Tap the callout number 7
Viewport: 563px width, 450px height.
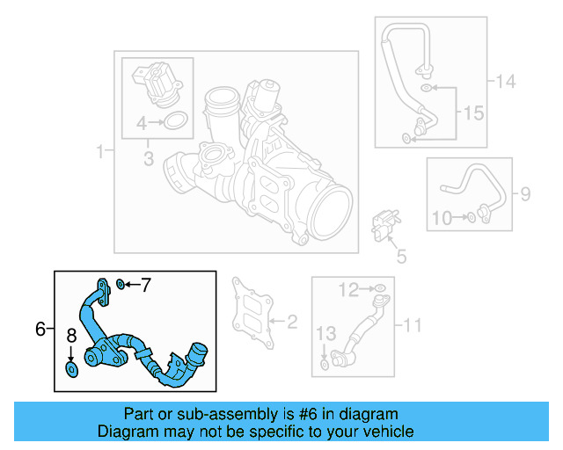click(x=146, y=285)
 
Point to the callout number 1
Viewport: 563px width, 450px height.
click(x=99, y=152)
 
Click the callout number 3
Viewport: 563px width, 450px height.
click(x=149, y=159)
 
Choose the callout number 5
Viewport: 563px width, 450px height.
click(x=401, y=257)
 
